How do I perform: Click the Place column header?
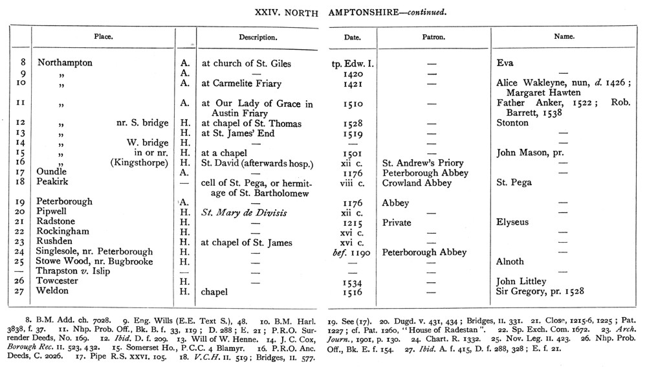pyautogui.click(x=103, y=37)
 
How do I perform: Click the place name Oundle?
pyautogui.click(x=52, y=173)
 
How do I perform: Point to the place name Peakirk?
pyautogui.click(x=53, y=183)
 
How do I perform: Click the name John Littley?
pyautogui.click(x=522, y=282)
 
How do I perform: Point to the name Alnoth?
pyautogui.click(x=510, y=261)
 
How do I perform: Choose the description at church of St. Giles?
pyautogui.click(x=247, y=63)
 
